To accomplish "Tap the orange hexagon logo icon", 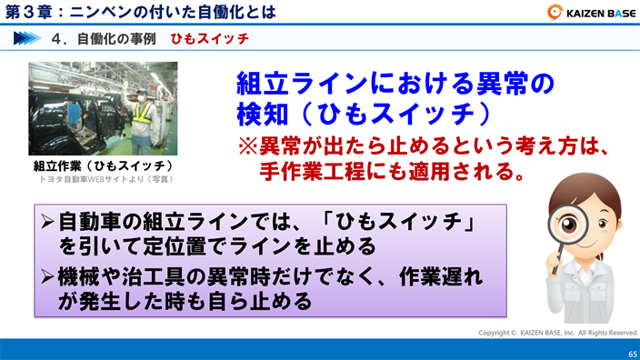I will (555, 13).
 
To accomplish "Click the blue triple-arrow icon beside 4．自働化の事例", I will (29, 40).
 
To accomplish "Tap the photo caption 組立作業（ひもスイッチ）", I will (103, 166).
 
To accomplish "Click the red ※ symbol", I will (247, 146).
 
